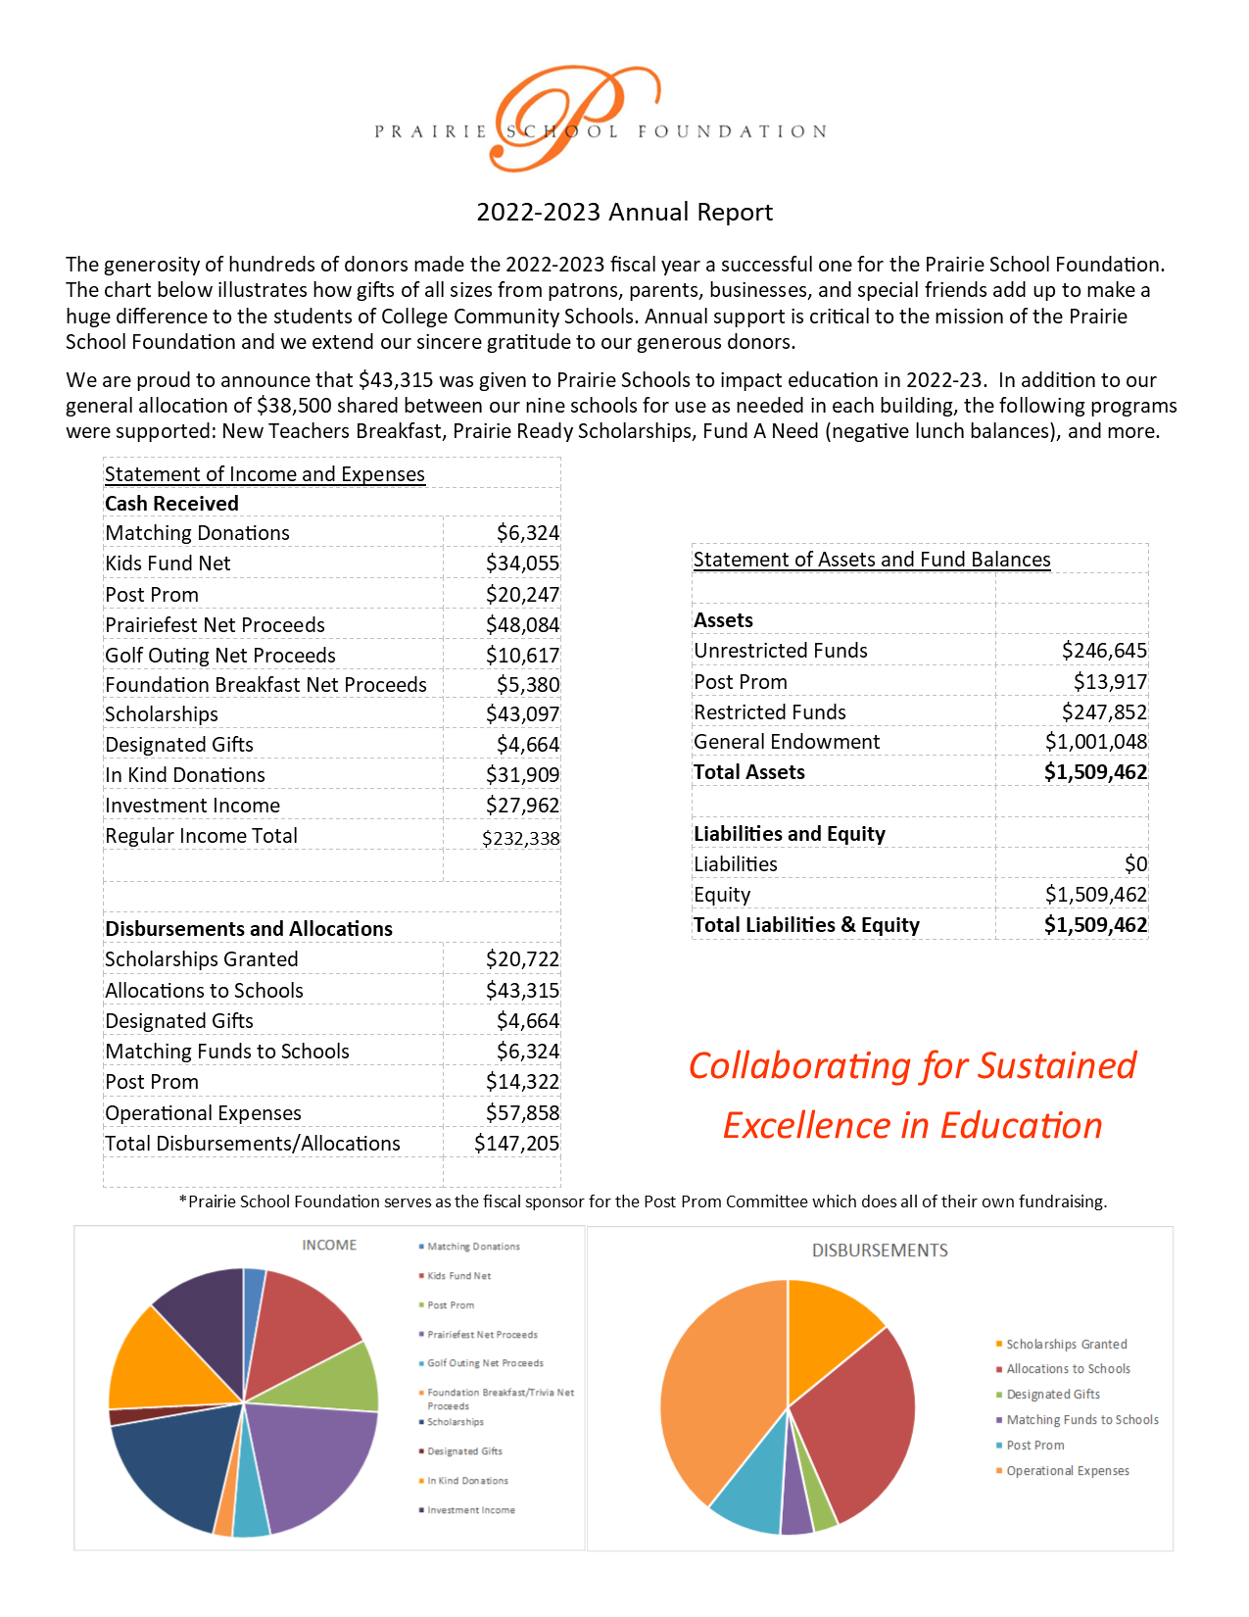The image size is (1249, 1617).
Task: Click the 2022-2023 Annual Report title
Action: (x=624, y=213)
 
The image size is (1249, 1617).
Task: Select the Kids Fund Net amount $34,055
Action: (x=522, y=563)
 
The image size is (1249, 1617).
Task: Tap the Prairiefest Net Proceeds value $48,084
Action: (x=522, y=625)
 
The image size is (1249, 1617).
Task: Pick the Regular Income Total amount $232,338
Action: (x=520, y=839)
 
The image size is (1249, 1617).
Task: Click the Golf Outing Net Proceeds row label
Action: (x=220, y=656)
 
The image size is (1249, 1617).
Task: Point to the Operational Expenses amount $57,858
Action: (x=522, y=1113)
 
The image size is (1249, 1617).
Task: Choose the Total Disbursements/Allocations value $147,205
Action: (x=516, y=1144)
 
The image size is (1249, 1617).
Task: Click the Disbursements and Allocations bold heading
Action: (x=249, y=929)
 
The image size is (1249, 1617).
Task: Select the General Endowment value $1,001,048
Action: (x=1095, y=742)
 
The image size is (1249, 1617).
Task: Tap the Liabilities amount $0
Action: (x=1135, y=864)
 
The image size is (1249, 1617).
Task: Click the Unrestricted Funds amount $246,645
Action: (x=1104, y=651)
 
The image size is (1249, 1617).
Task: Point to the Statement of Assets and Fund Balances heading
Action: (x=872, y=560)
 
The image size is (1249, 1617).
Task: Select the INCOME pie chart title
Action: (x=329, y=1246)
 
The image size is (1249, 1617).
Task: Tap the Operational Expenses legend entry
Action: (x=1067, y=1471)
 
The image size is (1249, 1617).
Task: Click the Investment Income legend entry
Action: (x=470, y=1510)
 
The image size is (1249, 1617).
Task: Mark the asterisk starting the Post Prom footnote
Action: (x=182, y=1200)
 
